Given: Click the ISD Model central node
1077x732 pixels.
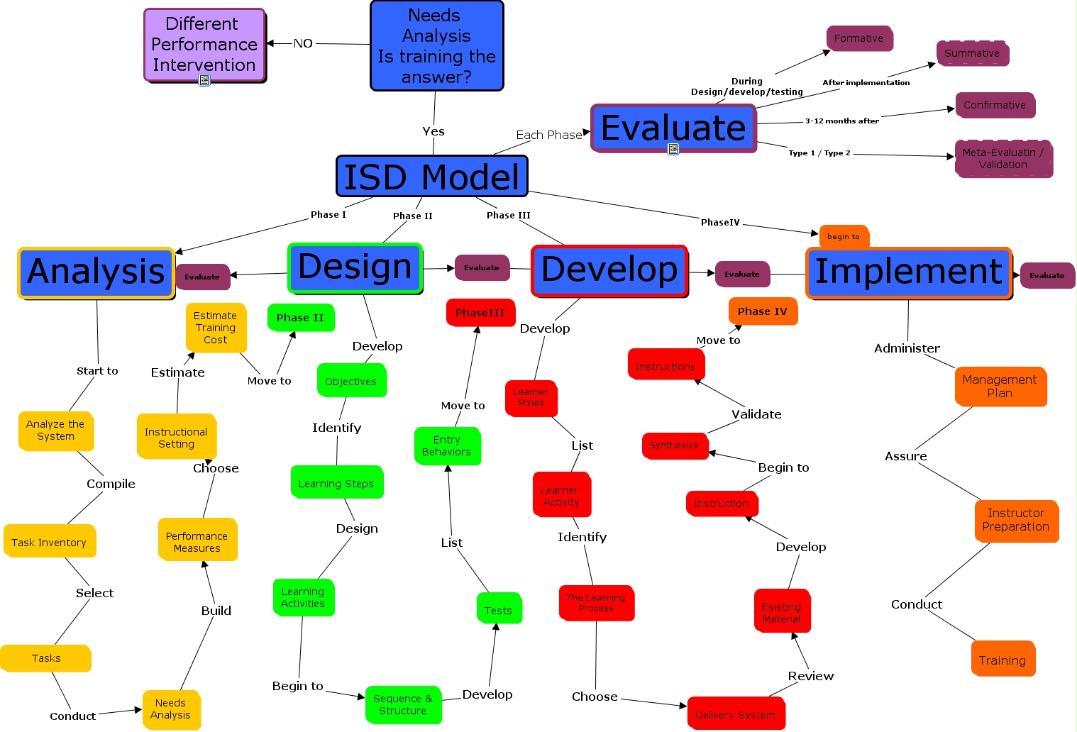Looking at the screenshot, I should coord(431,177).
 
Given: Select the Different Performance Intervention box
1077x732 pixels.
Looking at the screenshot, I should coord(204,45).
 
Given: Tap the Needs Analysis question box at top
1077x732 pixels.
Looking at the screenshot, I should coord(436,46).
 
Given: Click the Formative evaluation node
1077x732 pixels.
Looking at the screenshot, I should coord(858,38).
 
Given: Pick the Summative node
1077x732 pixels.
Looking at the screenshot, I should coord(972,54).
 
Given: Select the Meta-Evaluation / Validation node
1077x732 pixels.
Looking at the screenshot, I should coord(1003,159).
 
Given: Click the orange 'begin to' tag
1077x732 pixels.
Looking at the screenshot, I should coord(843,236).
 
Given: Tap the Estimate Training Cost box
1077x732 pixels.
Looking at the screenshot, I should coord(216,328).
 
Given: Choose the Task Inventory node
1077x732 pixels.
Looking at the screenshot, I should coord(49,542).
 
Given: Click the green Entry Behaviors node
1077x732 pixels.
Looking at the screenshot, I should coord(446,446).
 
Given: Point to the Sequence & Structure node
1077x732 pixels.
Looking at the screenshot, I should coord(403,704).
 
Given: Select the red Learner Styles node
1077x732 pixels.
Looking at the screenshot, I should coord(531,398).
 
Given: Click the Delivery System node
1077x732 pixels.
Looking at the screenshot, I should coord(735,714).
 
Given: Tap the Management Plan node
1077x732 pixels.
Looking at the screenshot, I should coord(1000,387).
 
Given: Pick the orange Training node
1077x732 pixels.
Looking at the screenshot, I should coord(1002,660).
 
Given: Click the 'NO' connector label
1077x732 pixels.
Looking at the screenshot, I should coord(303,43).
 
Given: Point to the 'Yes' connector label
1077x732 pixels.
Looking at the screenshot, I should coord(433,131).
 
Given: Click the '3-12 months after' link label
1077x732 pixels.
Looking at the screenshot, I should coord(841,121).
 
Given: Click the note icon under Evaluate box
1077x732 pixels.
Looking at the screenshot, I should coord(673,149).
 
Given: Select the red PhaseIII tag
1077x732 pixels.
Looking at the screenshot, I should coord(480,313).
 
